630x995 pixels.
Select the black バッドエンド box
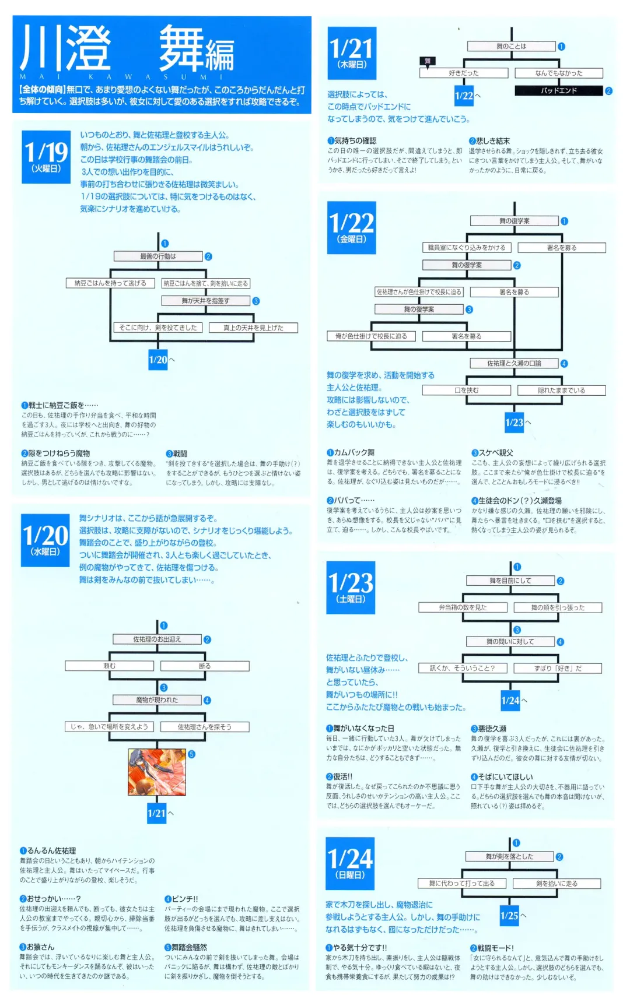pos(558,90)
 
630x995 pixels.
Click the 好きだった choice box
pos(464,73)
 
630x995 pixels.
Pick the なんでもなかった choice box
pos(558,73)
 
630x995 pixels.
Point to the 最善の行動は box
pos(158,256)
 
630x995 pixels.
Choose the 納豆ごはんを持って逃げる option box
pos(110,283)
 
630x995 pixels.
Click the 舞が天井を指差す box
pos(205,301)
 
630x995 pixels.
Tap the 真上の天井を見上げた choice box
pos(253,328)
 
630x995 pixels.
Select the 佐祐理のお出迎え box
pos(157,639)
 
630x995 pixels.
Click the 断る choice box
pos(205,666)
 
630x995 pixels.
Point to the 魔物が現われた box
pos(157,700)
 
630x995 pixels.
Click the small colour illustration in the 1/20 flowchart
pos(157,772)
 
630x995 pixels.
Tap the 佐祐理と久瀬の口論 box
pos(514,363)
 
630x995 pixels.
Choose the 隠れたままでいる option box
pos(561,390)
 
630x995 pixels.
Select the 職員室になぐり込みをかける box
pos(467,248)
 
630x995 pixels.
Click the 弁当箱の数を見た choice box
pos(463,607)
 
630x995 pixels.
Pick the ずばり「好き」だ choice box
pos(558,668)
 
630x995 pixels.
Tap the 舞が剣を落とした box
pos(509,856)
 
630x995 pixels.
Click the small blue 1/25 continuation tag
pos(509,916)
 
